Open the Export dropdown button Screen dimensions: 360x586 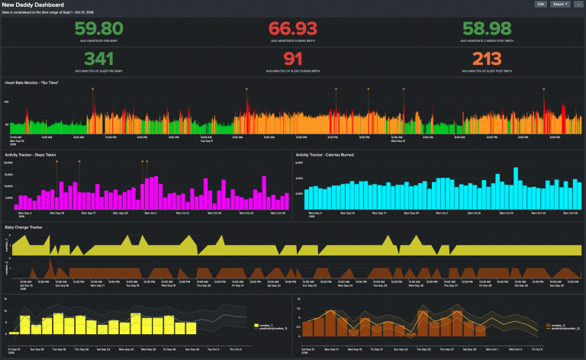click(562, 5)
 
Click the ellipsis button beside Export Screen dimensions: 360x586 click(578, 5)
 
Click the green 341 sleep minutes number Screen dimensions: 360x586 click(100, 59)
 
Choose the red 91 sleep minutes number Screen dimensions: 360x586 click(293, 59)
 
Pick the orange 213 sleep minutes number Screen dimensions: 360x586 click(486, 59)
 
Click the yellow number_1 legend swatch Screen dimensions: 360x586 click(256, 325)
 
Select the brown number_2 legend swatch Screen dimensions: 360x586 click(547, 325)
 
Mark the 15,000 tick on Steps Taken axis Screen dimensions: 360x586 click(9, 174)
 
